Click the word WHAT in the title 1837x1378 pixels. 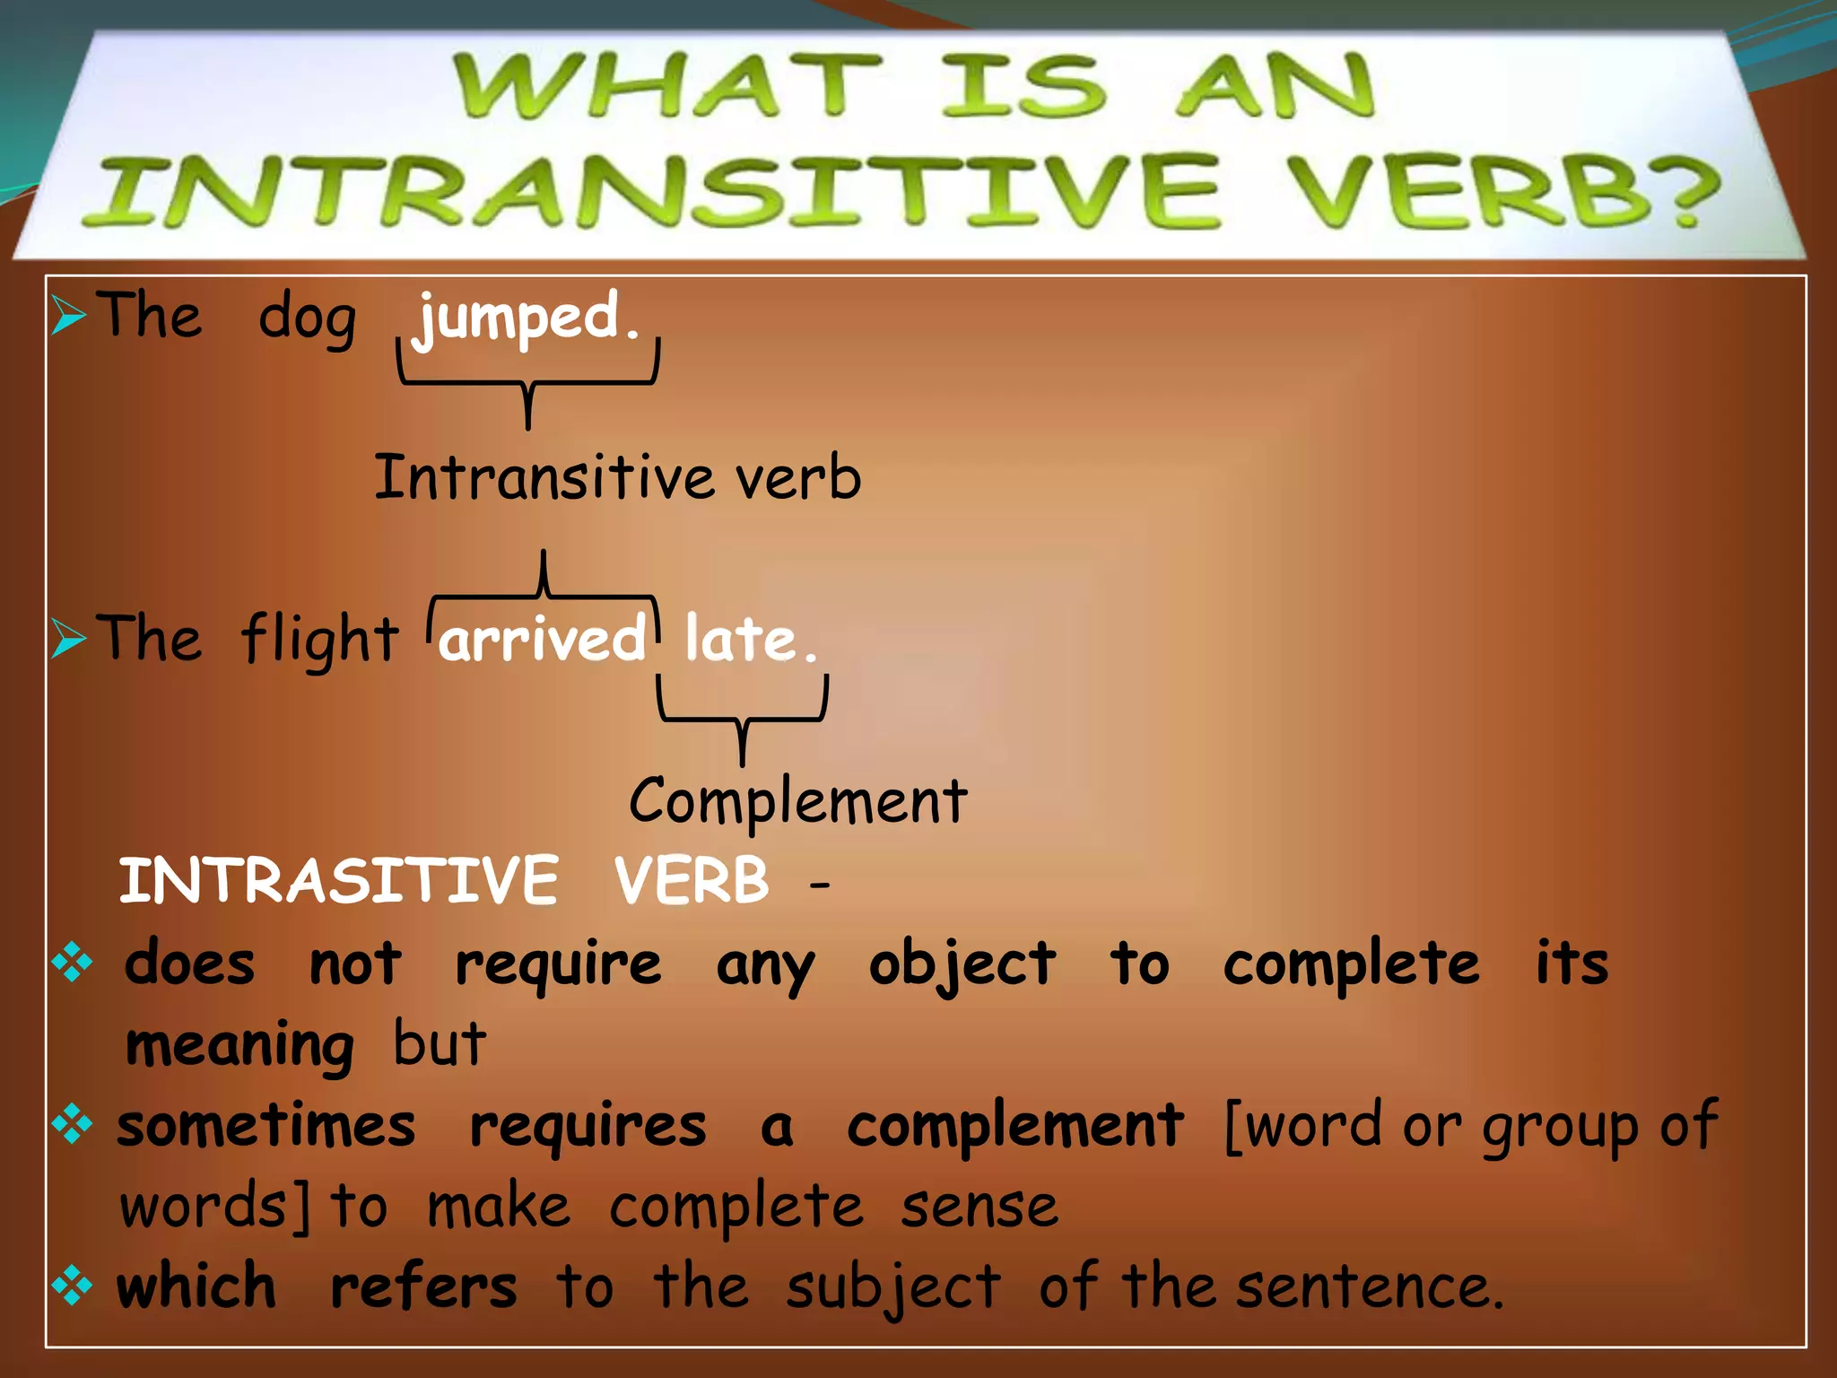pos(666,86)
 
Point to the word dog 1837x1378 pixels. pos(307,319)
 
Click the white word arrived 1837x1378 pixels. pos(542,640)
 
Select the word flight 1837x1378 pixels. pos(319,640)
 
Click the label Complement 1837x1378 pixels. pos(797,800)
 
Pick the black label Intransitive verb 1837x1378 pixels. pos(617,476)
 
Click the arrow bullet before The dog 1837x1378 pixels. pos(68,316)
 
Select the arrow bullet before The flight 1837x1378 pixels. pos(68,639)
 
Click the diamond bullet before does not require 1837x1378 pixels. pos(72,964)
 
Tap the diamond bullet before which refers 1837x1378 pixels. pos(72,1286)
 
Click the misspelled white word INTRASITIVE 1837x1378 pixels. pos(339,880)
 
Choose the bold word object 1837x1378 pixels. pos(962,964)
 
